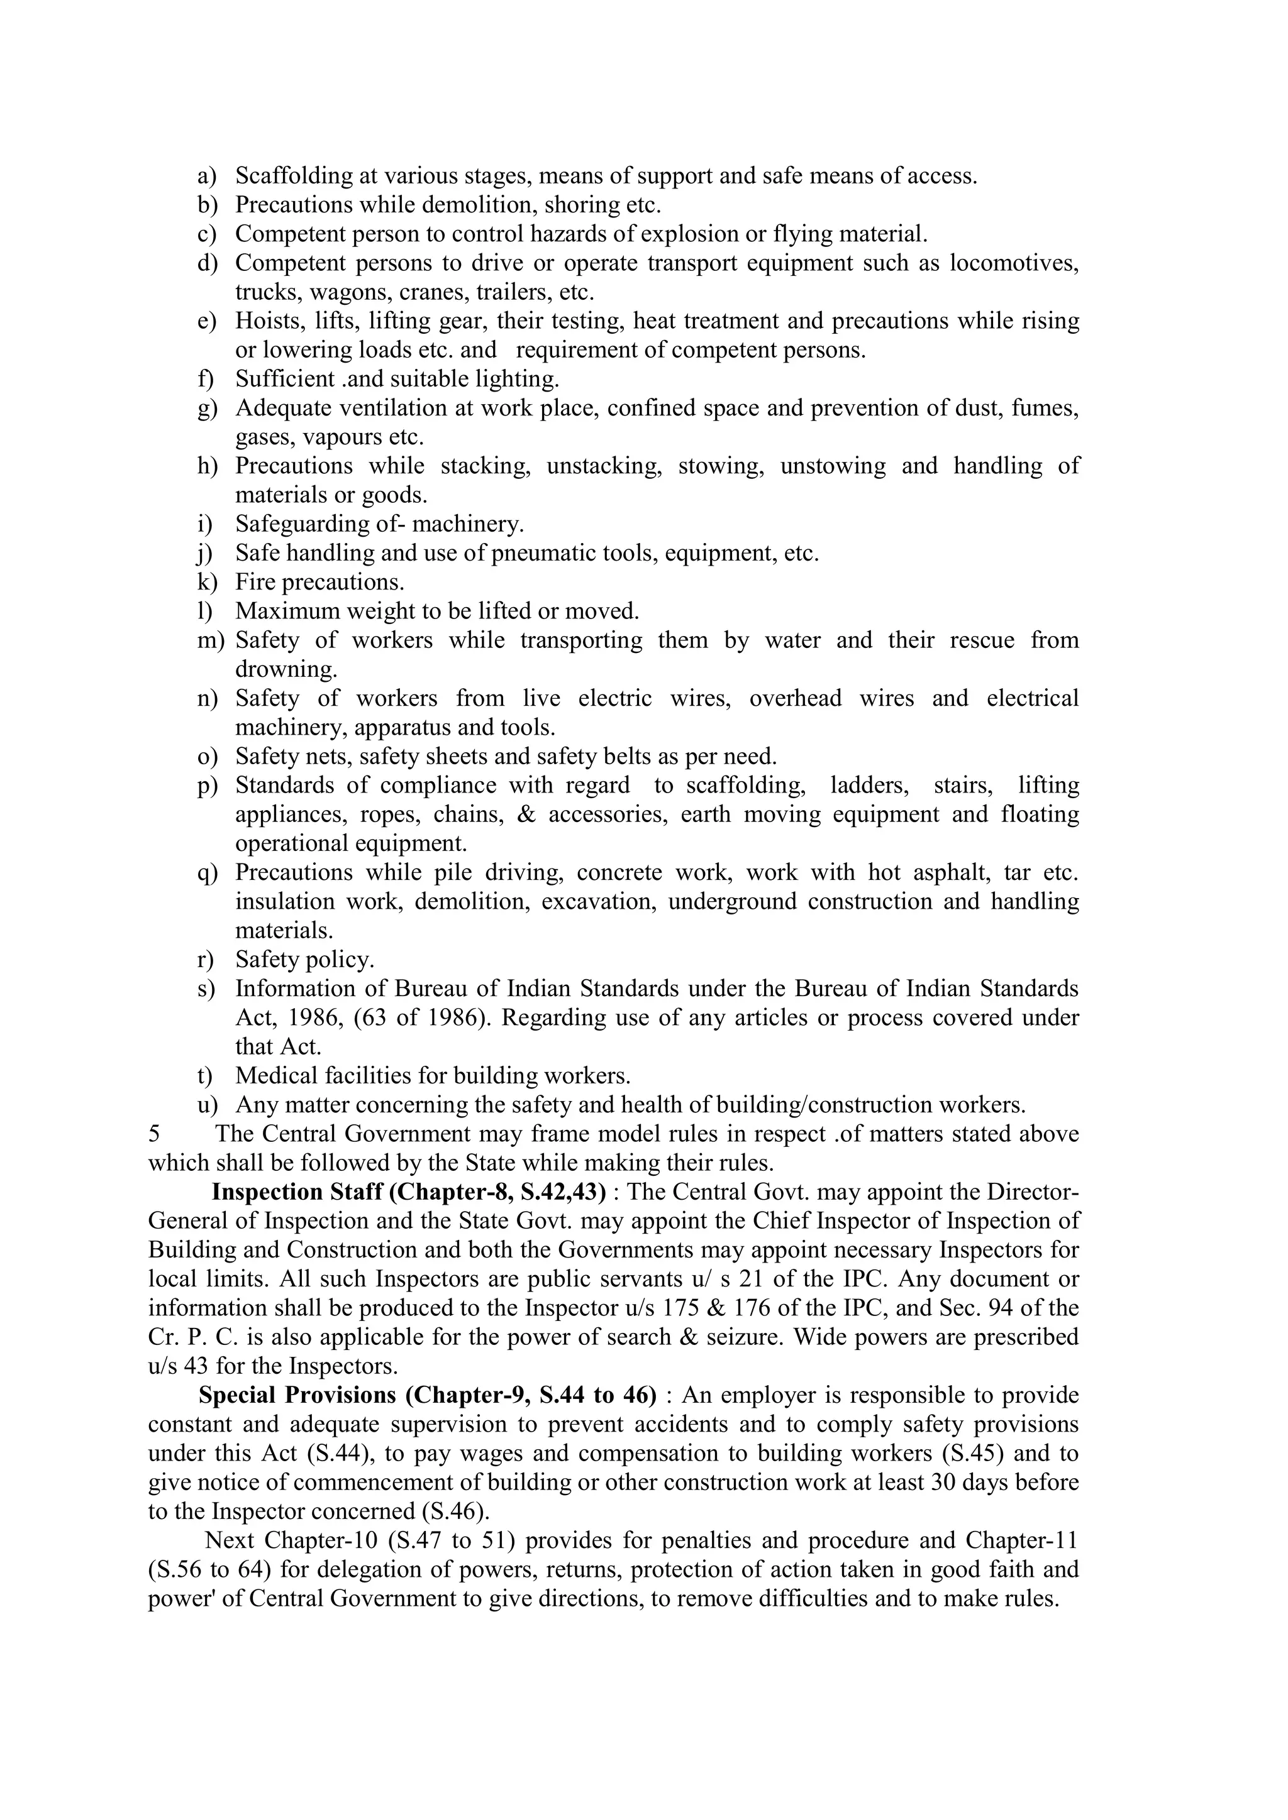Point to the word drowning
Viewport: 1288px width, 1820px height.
(286, 670)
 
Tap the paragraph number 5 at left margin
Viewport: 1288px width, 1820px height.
(154, 1134)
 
